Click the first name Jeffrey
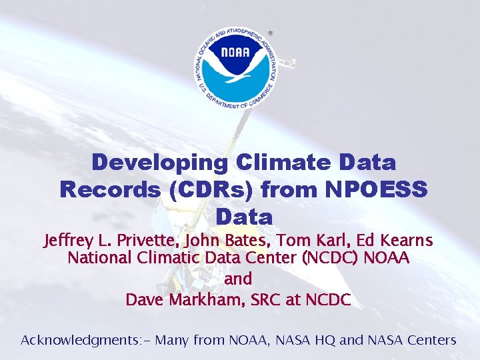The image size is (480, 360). click(70, 240)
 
